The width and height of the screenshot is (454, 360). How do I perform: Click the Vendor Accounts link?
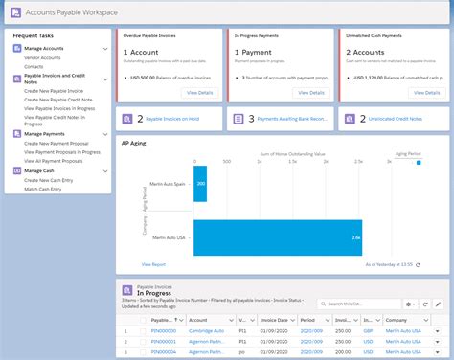point(43,57)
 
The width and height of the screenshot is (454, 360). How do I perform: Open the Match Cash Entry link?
point(43,188)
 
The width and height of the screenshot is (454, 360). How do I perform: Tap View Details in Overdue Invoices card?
point(200,93)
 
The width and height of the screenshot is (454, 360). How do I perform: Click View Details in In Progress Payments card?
point(311,93)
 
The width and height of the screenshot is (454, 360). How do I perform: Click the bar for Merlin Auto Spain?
point(199,182)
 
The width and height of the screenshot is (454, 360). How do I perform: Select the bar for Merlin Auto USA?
point(278,236)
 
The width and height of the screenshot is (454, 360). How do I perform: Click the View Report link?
point(153,262)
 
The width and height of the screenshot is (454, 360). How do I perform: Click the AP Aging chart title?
point(133,142)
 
